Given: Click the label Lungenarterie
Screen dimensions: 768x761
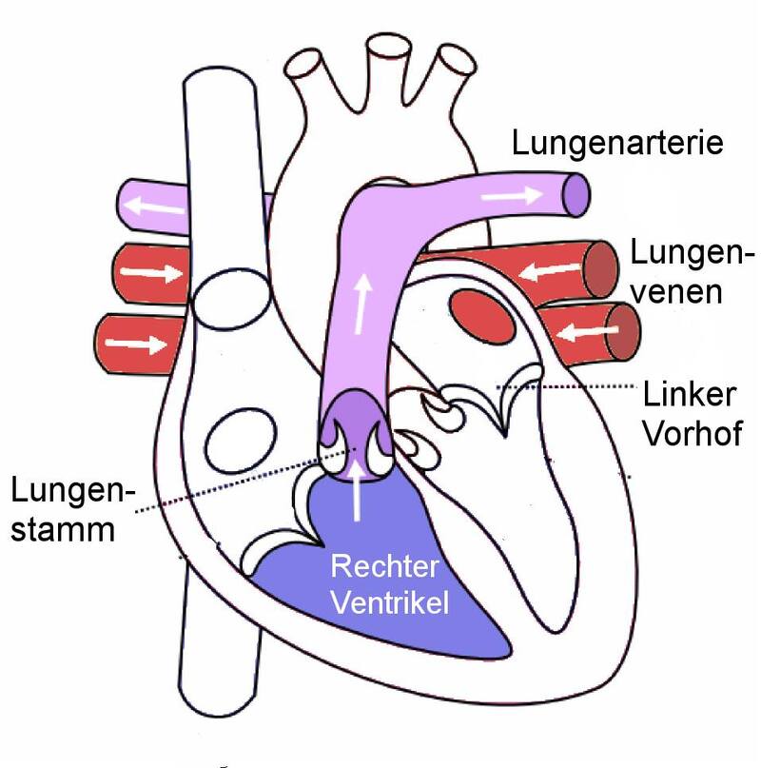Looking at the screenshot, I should coord(617,144).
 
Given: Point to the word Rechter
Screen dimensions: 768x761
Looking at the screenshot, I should coord(384,567).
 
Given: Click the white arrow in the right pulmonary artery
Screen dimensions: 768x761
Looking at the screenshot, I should coord(514,193).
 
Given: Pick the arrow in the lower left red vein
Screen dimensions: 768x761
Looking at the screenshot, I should coord(139,341).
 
